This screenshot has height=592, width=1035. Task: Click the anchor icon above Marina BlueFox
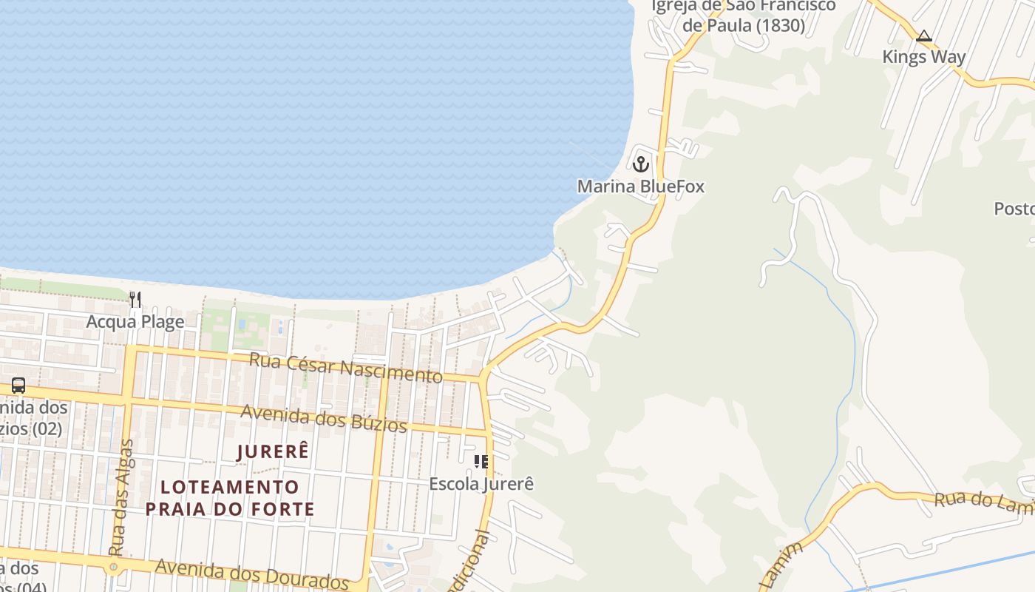pyautogui.click(x=641, y=164)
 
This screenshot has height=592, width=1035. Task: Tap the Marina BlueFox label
pyautogui.click(x=641, y=186)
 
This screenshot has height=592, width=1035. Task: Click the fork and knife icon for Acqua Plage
pyautogui.click(x=135, y=299)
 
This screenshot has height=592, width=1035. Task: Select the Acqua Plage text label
pyautogui.click(x=135, y=322)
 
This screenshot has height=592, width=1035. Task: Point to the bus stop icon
pyautogui.click(x=18, y=386)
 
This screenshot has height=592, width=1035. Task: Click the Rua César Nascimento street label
pyautogui.click(x=346, y=368)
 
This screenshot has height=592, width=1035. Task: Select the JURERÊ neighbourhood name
pyautogui.click(x=273, y=451)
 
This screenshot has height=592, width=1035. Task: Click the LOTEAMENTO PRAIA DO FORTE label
pyautogui.click(x=230, y=498)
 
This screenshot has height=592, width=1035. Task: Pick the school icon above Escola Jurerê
pyautogui.click(x=481, y=462)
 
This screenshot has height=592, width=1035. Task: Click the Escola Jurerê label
pyautogui.click(x=481, y=484)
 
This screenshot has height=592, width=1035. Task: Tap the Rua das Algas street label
pyautogui.click(x=122, y=497)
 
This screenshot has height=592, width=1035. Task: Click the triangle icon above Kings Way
pyautogui.click(x=923, y=36)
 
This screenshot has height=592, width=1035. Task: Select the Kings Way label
pyautogui.click(x=923, y=57)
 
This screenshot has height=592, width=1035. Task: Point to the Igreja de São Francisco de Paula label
pyautogui.click(x=743, y=16)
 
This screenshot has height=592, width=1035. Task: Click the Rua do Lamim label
pyautogui.click(x=983, y=501)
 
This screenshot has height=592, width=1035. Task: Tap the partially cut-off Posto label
pyautogui.click(x=1014, y=209)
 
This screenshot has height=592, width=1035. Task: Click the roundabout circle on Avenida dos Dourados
pyautogui.click(x=113, y=568)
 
